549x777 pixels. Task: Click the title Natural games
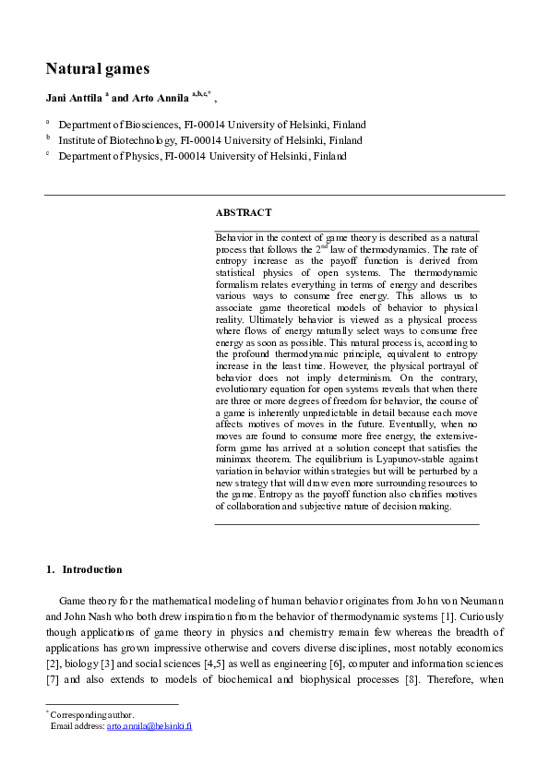pos(98,68)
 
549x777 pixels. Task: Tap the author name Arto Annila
pos(160,97)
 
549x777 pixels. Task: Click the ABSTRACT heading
pos(243,212)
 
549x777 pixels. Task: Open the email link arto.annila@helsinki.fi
pos(149,726)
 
